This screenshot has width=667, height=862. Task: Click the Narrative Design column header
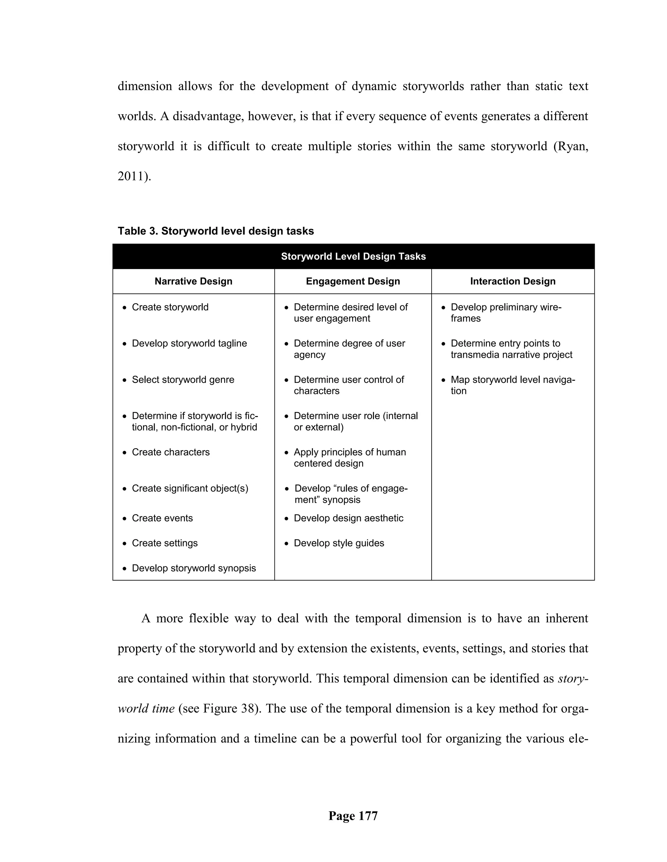tap(193, 281)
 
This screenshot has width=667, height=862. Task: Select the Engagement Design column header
tap(352, 281)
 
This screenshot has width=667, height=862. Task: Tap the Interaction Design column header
tap(513, 281)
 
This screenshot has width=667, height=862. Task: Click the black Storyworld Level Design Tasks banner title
tap(353, 257)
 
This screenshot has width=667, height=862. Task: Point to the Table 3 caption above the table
tap(216, 231)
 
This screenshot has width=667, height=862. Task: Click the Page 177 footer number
tap(353, 815)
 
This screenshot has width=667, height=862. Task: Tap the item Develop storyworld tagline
tap(189, 343)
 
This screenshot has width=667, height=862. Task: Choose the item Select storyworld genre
tap(183, 380)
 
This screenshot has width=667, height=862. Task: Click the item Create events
tap(163, 518)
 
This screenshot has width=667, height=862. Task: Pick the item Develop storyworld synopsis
tap(194, 568)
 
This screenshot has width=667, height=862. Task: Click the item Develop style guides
tap(339, 543)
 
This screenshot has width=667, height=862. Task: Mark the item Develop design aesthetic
tap(348, 518)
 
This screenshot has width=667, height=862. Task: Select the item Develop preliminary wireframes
tap(505, 313)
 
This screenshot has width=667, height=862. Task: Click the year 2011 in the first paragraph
tap(131, 176)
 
